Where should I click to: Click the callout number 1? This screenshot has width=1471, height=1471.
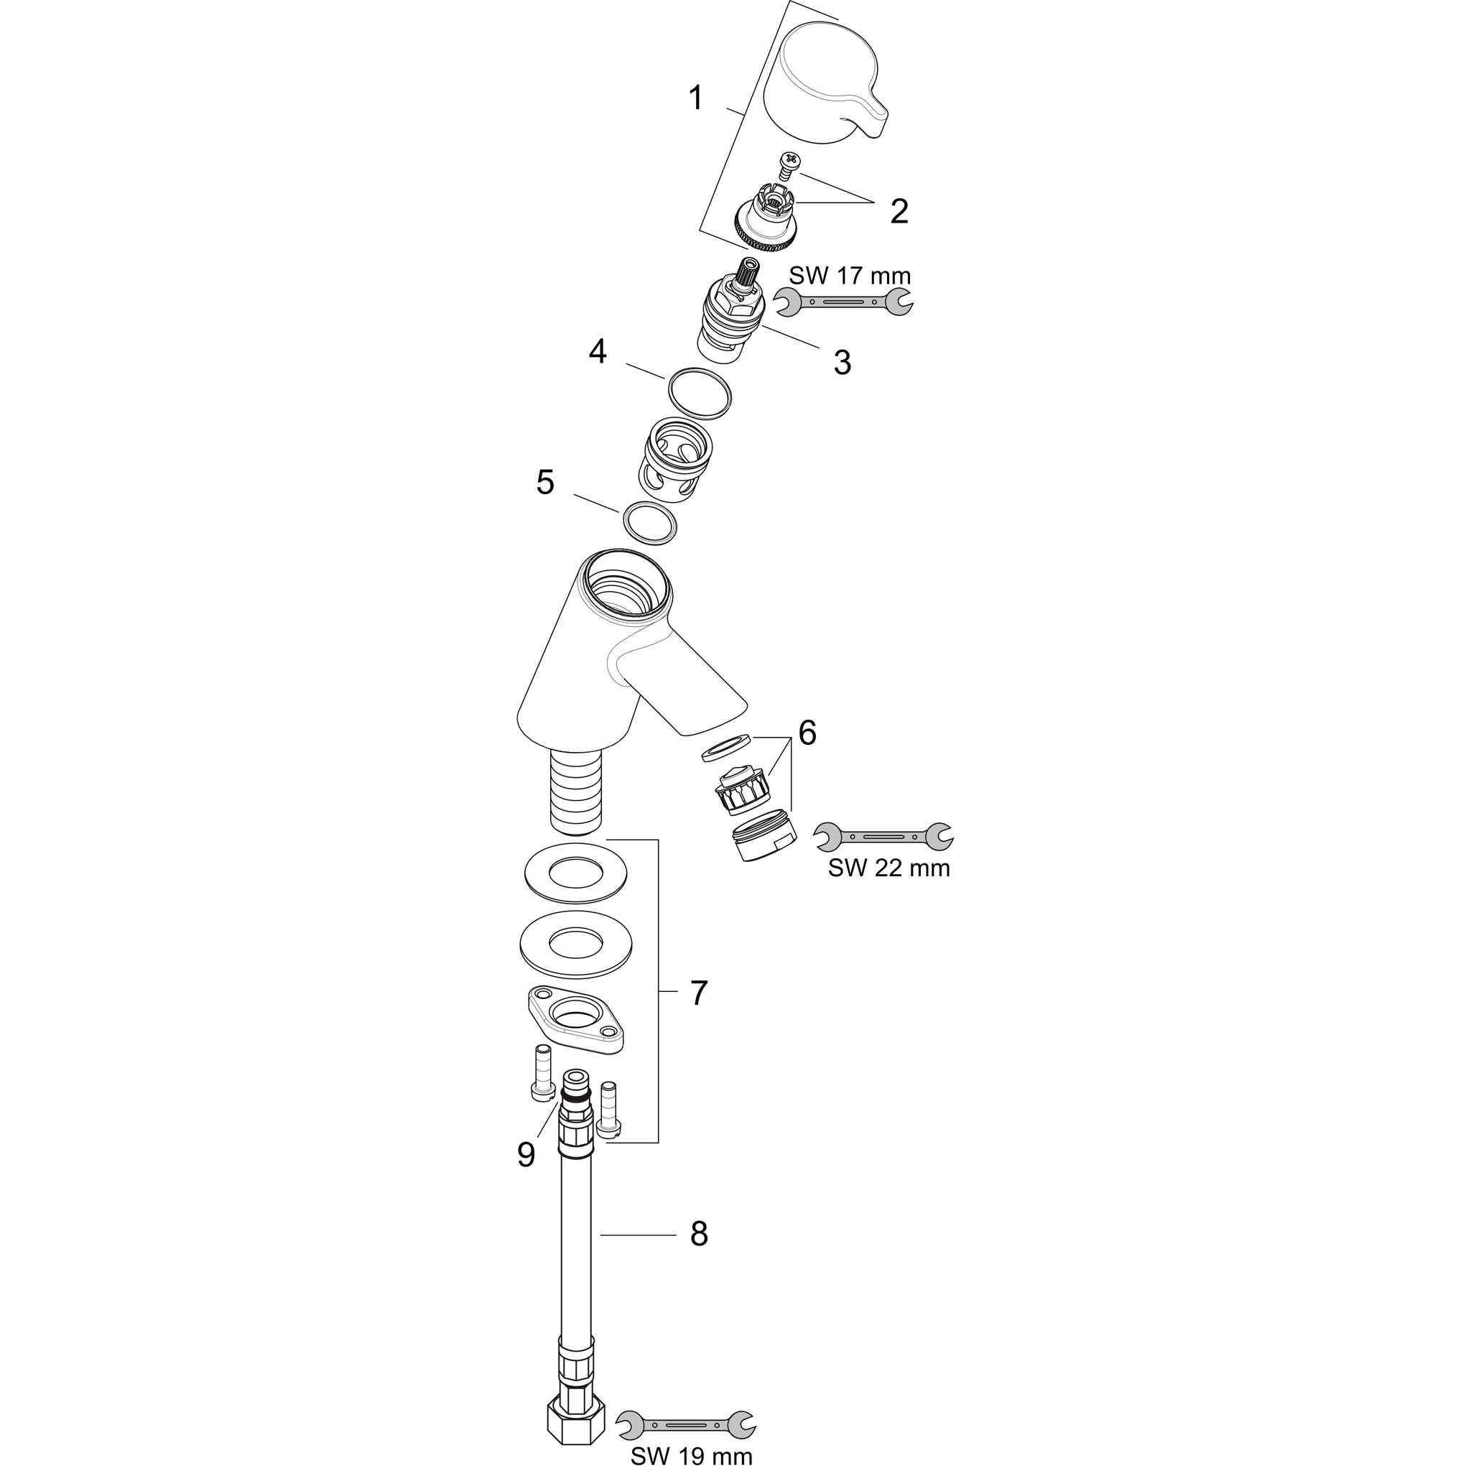tap(695, 98)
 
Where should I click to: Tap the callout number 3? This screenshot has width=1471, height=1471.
tap(841, 363)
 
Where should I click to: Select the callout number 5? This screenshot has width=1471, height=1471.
tap(545, 482)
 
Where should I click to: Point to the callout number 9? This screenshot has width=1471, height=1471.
tap(526, 1154)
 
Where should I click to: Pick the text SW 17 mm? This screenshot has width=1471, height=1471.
tap(850, 275)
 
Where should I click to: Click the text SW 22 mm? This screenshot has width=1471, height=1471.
tap(889, 867)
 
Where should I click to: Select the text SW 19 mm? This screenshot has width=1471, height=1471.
tap(692, 1457)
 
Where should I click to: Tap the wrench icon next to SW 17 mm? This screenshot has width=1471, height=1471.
tap(843, 302)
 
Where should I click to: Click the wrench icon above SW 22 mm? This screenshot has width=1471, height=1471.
tap(884, 837)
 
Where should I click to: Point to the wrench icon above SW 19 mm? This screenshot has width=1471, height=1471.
tap(686, 1424)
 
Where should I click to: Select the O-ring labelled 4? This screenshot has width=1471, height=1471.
tap(700, 394)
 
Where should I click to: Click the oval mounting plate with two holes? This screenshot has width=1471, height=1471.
tap(575, 1018)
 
